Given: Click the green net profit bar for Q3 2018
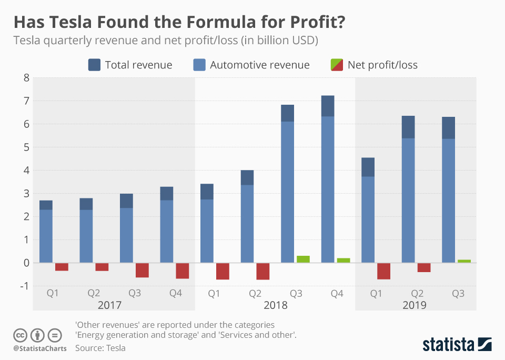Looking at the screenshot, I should [304, 259].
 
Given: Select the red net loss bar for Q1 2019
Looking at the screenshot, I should [384, 271].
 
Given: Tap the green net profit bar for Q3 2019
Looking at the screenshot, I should [464, 261].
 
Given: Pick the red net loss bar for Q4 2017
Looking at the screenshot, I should [183, 271].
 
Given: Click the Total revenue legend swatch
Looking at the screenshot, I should [94, 65].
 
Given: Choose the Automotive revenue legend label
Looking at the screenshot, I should [260, 65].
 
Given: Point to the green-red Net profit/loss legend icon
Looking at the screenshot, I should [337, 65].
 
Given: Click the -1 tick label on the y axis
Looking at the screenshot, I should [23, 286].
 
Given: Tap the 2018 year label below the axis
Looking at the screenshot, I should [275, 305].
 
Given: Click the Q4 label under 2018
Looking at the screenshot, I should [337, 293].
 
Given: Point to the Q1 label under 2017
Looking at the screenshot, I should [53, 293].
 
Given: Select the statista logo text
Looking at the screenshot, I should [448, 345].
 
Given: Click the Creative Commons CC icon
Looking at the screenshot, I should [21, 335].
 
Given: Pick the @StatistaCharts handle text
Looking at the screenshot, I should [40, 348].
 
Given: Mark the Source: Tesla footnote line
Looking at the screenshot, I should [100, 348].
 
